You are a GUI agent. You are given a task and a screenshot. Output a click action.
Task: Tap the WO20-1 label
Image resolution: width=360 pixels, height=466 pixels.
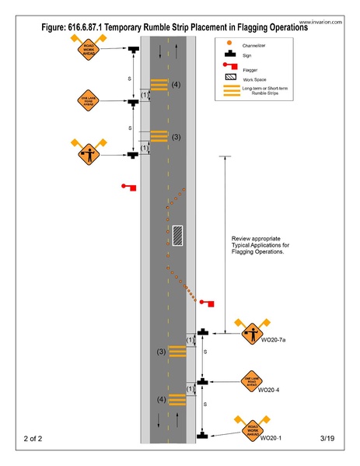(x=271, y=438)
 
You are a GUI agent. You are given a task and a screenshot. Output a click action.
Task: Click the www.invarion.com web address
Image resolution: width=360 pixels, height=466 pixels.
(x=320, y=23)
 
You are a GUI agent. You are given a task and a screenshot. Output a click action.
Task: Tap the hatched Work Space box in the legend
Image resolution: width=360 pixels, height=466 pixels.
(x=230, y=79)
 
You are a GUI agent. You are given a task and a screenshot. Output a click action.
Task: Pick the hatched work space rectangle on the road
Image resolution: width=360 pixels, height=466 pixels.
(x=178, y=233)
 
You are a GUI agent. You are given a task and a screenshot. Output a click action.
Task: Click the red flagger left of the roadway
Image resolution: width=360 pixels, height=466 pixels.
(x=130, y=187)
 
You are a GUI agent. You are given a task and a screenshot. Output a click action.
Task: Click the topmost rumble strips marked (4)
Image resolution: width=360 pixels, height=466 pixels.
(x=159, y=84)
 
